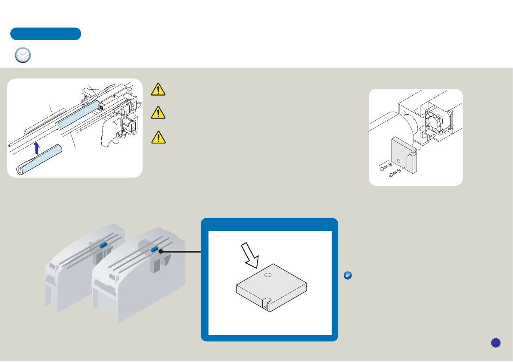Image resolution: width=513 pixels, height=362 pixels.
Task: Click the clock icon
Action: coord(23,56)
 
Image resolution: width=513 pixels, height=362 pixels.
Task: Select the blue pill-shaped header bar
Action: coord(46,34)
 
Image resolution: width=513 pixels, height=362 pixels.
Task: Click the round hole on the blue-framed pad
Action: coord(267,275)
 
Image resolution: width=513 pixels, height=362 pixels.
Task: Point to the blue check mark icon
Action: coord(348,276)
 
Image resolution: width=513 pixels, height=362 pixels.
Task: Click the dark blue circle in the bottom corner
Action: coord(495,343)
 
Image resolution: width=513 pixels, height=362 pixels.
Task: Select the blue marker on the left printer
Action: coord(103,244)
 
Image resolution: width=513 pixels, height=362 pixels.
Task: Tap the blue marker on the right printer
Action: coord(154,249)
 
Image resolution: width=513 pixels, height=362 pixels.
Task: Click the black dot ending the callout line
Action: coord(160,251)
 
